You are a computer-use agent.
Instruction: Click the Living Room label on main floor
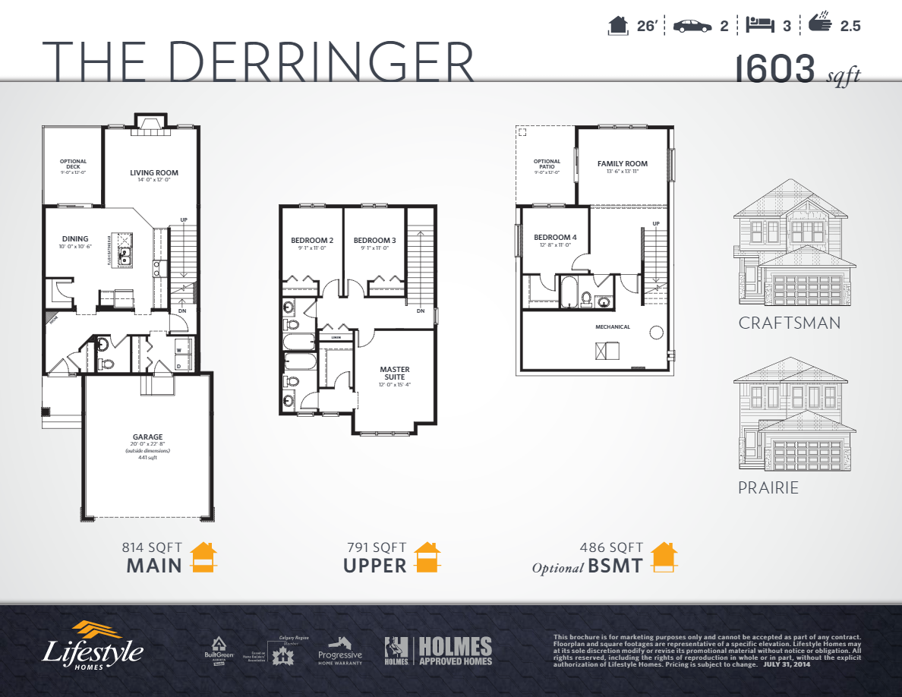pos(153,173)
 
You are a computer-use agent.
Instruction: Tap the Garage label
pos(147,437)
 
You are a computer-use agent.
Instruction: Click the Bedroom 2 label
pos(312,241)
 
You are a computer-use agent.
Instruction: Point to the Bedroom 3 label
pos(374,241)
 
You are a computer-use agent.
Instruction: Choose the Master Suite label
pos(394,373)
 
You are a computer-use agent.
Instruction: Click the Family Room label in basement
pos(622,164)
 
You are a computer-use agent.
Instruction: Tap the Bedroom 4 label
pos(555,237)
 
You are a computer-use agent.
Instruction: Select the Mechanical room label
pos(612,327)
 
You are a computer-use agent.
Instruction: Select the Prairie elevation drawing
pos(790,413)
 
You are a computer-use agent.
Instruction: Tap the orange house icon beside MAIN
pos(203,558)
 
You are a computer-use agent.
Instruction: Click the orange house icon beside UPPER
pos(427,558)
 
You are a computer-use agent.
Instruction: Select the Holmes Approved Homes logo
pos(438,651)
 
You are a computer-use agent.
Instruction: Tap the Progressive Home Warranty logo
pos(339,651)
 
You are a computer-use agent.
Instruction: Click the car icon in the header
pos(691,26)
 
